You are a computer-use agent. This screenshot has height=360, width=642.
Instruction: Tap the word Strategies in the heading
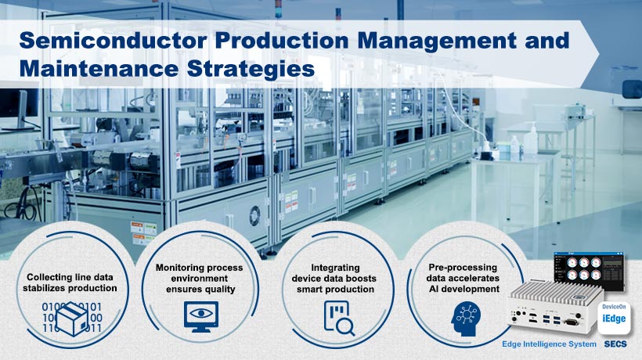coord(251,69)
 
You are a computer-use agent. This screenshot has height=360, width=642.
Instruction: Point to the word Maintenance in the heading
coord(100,69)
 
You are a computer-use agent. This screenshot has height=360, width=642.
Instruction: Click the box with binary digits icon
coord(72,319)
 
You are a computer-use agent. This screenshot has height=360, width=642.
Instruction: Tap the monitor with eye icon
coord(201,317)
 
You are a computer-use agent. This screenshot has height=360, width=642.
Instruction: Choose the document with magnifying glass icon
coord(338,319)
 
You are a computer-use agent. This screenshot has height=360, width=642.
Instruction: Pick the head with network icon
coord(466,319)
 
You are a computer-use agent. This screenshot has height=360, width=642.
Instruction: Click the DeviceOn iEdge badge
coord(614,318)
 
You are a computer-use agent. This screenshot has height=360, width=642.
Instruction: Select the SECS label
coord(615,344)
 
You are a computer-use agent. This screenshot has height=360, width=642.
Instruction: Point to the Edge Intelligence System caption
coord(549,344)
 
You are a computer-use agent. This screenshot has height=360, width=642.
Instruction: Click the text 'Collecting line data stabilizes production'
coord(70,283)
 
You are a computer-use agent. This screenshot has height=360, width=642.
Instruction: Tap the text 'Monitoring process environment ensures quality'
coord(200,278)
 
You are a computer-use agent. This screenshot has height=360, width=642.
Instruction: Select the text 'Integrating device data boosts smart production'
coord(335,278)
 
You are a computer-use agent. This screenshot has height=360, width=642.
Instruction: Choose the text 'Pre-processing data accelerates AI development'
coord(463,278)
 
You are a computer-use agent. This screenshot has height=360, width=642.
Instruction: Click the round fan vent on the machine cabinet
coord(254,215)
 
